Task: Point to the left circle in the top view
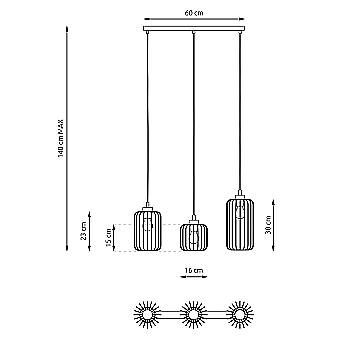145,317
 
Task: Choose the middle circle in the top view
192,317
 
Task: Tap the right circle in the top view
239,317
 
